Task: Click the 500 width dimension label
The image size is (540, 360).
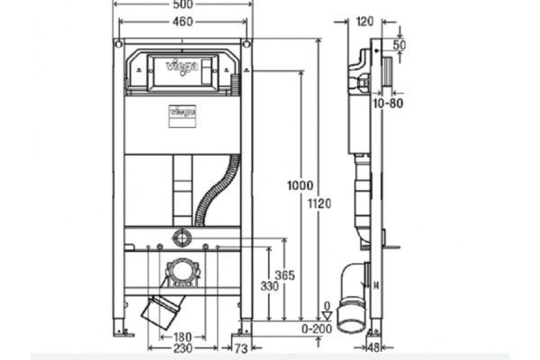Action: pyautogui.click(x=183, y=4)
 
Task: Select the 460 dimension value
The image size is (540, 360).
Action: pyautogui.click(x=183, y=22)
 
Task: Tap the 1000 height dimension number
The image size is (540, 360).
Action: pyautogui.click(x=301, y=185)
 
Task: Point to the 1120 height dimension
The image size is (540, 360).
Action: pyautogui.click(x=319, y=203)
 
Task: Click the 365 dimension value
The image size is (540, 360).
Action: pyautogui.click(x=284, y=275)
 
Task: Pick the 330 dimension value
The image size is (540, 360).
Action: pyautogui.click(x=269, y=286)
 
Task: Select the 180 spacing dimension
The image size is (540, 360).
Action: pyautogui.click(x=183, y=337)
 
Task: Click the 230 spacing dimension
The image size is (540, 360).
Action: pyautogui.click(x=183, y=348)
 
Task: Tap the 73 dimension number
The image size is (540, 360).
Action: pyautogui.click(x=241, y=349)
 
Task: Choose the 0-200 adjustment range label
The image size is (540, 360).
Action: pyautogui.click(x=317, y=328)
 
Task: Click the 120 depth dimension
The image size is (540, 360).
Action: pyautogui.click(x=364, y=22)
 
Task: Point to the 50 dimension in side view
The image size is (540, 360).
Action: pyautogui.click(x=400, y=44)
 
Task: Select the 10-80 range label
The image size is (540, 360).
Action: pyautogui.click(x=388, y=103)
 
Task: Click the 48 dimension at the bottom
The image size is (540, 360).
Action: pyautogui.click(x=373, y=347)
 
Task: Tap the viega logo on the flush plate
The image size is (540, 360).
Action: pyautogui.click(x=182, y=67)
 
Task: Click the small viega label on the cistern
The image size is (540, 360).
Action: pyautogui.click(x=183, y=112)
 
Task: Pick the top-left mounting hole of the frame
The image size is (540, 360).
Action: pyautogui.click(x=119, y=44)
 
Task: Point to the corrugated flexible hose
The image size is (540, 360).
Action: pyautogui.click(x=217, y=191)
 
